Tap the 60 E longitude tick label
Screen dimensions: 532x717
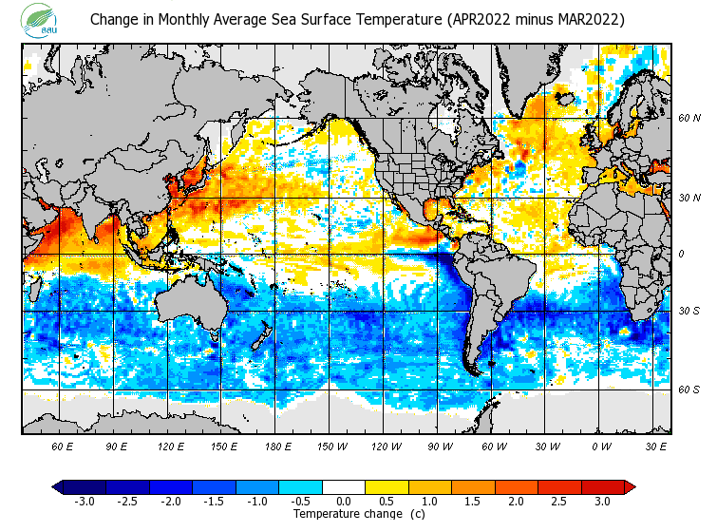click(62, 446)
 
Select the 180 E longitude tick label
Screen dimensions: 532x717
click(277, 446)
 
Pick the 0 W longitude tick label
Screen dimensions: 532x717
click(602, 446)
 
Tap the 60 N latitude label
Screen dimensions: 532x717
click(689, 119)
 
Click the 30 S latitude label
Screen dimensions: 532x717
click(689, 312)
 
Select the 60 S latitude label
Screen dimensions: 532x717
click(689, 389)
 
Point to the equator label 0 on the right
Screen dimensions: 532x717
click(680, 254)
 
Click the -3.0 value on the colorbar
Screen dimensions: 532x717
click(85, 501)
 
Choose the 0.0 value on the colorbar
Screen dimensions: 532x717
click(344, 501)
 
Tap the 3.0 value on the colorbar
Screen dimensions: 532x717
click(602, 501)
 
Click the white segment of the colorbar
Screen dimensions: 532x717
click(344, 486)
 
